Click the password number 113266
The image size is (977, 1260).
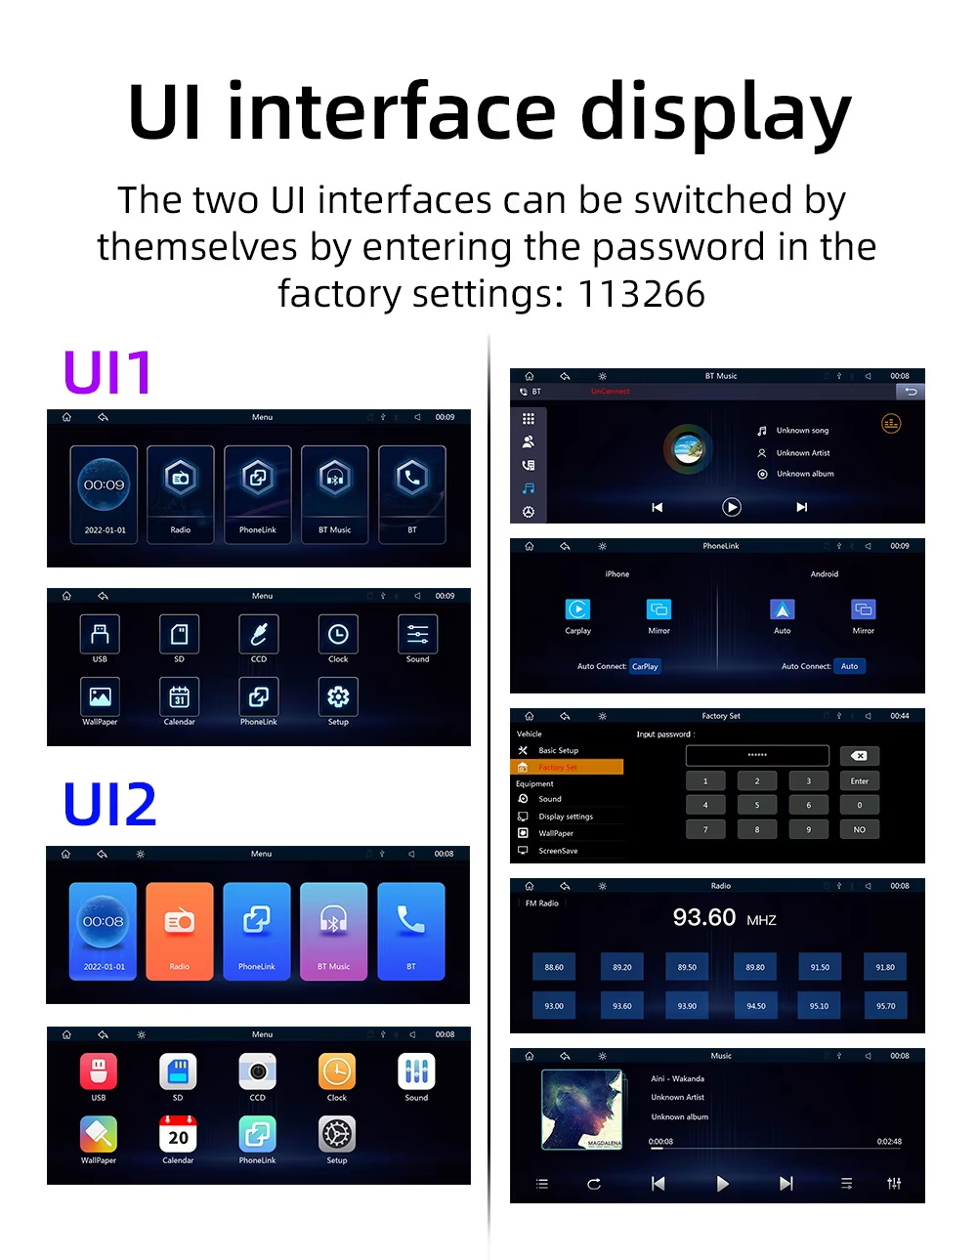coord(641,294)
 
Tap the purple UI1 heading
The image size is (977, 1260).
coord(107,372)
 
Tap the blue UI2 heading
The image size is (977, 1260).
coord(109,804)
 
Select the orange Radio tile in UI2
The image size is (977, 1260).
coord(180,931)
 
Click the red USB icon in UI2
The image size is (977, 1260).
coord(99,1071)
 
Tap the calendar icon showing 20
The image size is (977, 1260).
coord(178,1134)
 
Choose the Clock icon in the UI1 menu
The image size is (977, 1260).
coord(338,635)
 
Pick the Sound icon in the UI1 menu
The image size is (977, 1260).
coord(417,635)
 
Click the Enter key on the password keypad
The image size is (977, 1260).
coord(859,780)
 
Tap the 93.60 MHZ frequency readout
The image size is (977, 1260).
coord(724,918)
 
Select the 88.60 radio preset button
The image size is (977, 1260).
coord(554,967)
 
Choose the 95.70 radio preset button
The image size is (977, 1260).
coord(885,1005)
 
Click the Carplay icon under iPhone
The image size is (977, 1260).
coord(577,609)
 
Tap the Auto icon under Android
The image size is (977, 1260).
coord(783,609)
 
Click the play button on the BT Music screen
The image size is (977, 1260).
coord(732,507)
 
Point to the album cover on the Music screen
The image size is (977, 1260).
coord(582,1109)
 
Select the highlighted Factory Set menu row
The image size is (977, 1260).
coord(567,768)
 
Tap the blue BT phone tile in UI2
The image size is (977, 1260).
coord(411,931)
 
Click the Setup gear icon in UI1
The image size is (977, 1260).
coord(338,697)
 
